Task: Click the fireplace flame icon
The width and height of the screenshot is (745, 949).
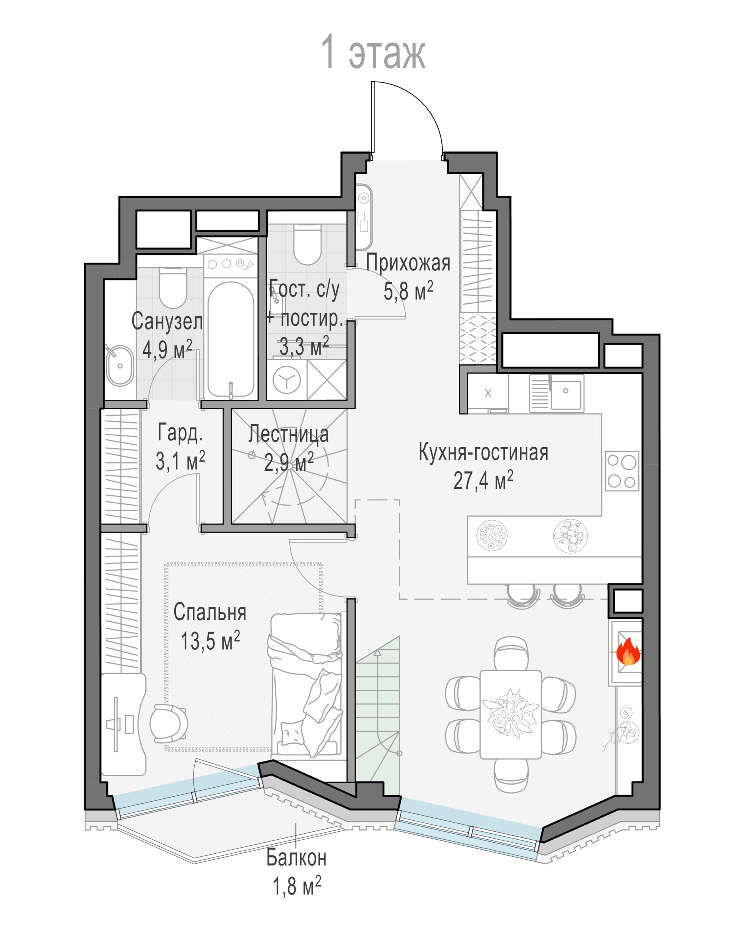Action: (628, 652)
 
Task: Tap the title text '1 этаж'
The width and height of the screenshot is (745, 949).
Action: (373, 53)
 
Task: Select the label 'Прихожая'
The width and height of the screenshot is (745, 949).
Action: (408, 263)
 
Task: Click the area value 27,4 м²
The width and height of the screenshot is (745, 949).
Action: (483, 481)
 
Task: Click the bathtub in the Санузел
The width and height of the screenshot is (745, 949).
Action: (231, 339)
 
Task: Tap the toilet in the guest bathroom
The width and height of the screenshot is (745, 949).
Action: (307, 244)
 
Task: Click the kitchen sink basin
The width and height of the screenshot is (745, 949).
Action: (566, 394)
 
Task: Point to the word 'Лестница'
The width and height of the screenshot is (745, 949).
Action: (289, 434)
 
